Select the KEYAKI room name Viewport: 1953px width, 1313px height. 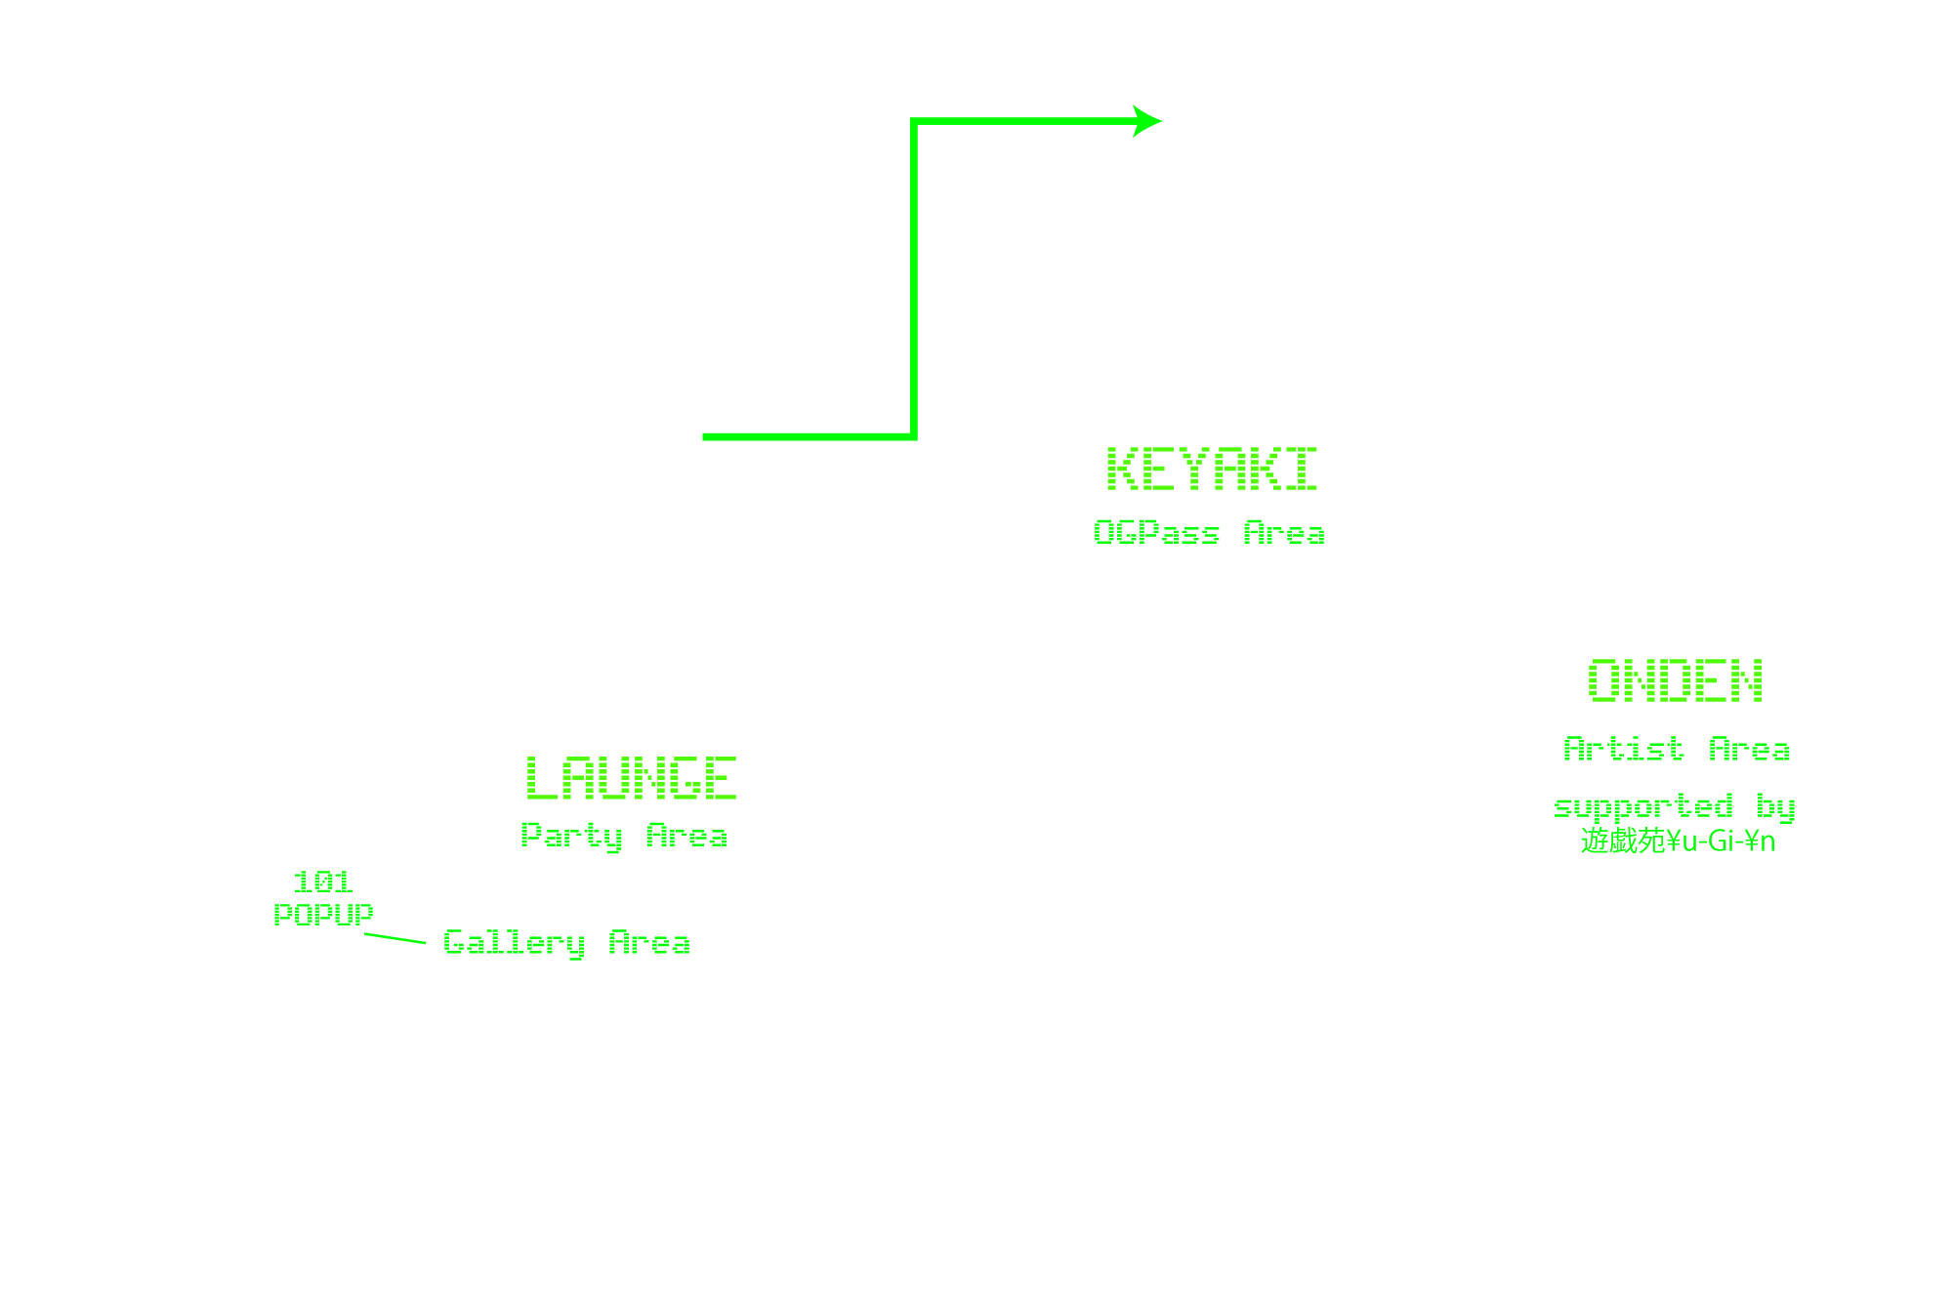tap(1212, 470)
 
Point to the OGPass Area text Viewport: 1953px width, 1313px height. tap(1209, 533)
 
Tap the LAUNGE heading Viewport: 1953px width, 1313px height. tap(631, 778)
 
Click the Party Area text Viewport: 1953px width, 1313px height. tap(624, 837)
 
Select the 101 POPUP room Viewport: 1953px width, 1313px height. tap(323, 898)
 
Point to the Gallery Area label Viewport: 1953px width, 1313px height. tap(566, 943)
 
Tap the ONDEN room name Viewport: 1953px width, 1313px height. tap(1676, 681)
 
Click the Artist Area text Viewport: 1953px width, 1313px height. tap(1677, 750)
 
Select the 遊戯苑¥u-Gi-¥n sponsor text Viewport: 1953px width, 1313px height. tap(1677, 841)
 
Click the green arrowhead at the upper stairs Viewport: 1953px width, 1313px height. tap(1149, 122)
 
